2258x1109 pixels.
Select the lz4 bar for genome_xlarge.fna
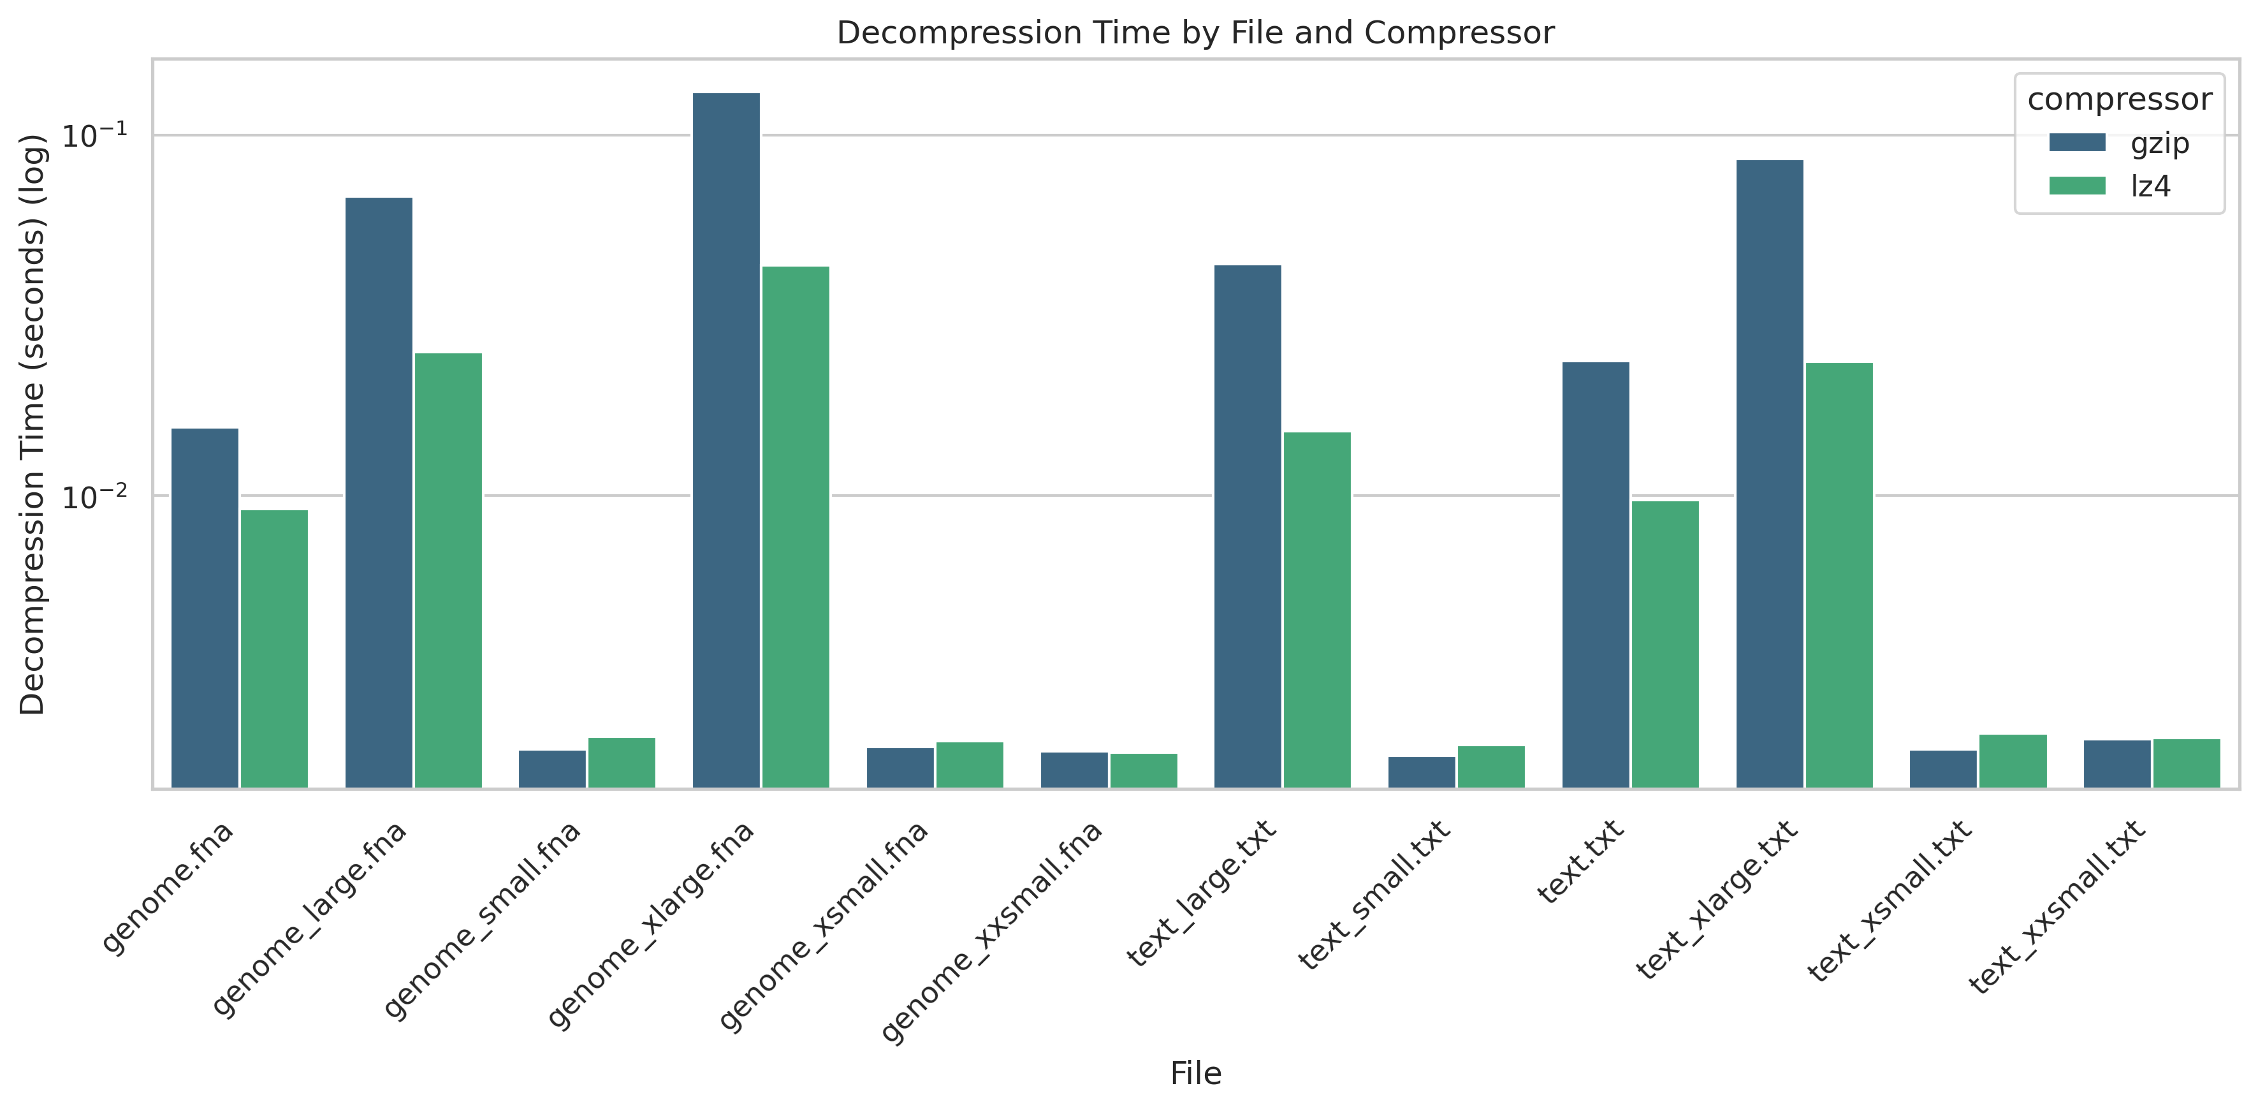[795, 527]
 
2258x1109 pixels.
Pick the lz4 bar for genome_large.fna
[448, 570]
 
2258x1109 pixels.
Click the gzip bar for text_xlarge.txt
[1770, 473]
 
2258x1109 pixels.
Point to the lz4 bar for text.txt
[1664, 644]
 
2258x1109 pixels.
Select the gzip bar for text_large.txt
[1248, 526]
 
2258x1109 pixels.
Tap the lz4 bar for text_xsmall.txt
[2013, 761]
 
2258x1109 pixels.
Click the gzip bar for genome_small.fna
[552, 769]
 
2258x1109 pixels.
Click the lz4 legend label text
[2150, 186]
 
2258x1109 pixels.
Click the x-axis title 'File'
[1196, 1073]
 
